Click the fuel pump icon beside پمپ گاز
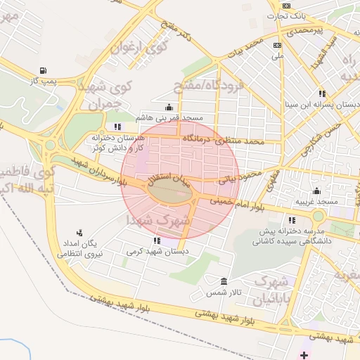coord(44,70)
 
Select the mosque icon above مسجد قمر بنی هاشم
coord(169,108)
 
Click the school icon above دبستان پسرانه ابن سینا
coord(322,93)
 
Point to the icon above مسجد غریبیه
coord(316,190)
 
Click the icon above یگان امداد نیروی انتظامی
coord(79,232)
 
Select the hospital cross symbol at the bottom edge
coord(303,355)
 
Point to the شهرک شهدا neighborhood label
coord(159,220)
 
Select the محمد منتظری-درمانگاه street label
coord(223,141)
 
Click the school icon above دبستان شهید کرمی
coord(156,240)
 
